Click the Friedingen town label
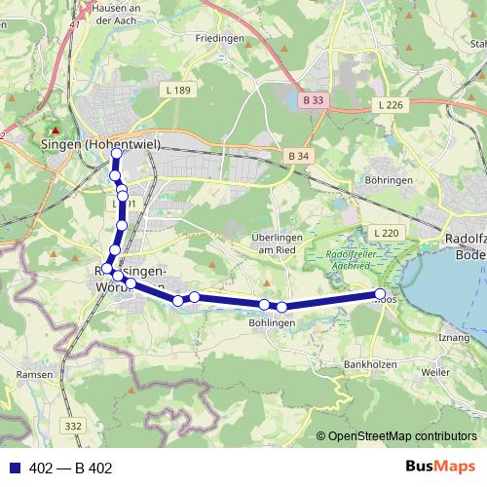pyautogui.click(x=218, y=38)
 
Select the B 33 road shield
pyautogui.click(x=313, y=99)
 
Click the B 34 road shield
pyautogui.click(x=299, y=156)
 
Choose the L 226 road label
pyautogui.click(x=390, y=104)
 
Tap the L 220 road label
pyautogui.click(x=386, y=234)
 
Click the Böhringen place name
pyautogui.click(x=389, y=181)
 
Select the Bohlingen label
pyautogui.click(x=272, y=322)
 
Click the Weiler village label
pyautogui.click(x=435, y=372)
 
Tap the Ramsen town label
pyautogui.click(x=35, y=374)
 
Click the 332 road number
pyautogui.click(x=74, y=425)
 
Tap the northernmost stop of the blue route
pyautogui.click(x=116, y=153)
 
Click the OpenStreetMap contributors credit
pyautogui.click(x=402, y=436)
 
